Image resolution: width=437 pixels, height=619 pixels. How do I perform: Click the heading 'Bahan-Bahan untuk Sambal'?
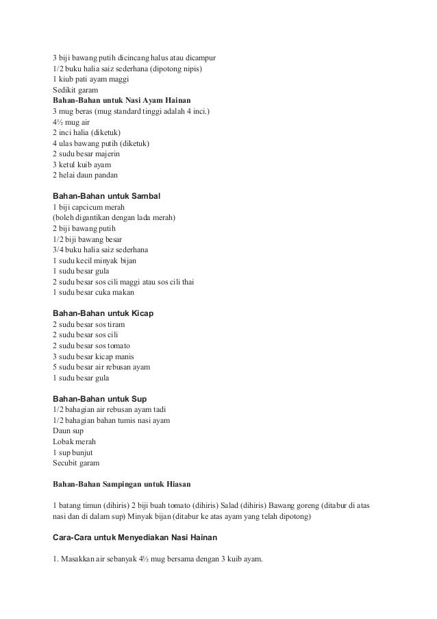(107, 196)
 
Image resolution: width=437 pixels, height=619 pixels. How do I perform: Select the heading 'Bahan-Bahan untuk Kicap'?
(103, 313)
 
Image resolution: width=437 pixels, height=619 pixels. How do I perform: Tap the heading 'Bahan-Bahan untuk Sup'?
(99, 398)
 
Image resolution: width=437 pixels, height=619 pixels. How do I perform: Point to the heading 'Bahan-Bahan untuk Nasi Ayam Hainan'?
(117, 100)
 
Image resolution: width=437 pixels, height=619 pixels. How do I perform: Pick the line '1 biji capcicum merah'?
(88, 208)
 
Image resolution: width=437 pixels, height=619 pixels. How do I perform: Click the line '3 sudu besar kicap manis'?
(93, 356)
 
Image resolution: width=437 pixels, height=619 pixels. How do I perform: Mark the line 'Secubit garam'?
(76, 463)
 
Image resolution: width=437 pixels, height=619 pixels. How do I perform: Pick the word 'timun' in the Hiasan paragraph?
(91, 505)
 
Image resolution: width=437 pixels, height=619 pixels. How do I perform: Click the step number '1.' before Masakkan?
(56, 559)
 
